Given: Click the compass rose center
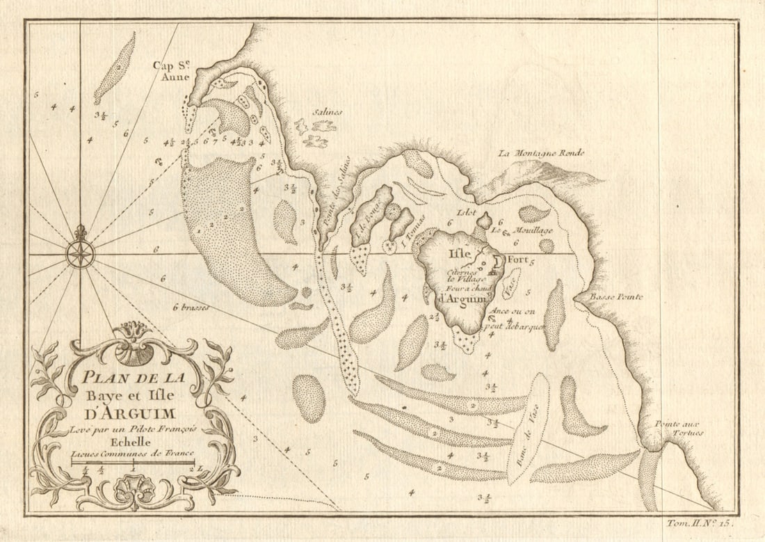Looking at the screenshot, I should (81, 254).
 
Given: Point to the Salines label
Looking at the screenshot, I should (327, 112).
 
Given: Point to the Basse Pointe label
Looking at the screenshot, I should (617, 297).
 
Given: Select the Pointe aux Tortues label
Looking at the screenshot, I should (678, 428).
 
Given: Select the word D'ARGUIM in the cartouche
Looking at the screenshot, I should (131, 414).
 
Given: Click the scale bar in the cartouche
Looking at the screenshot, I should (133, 462).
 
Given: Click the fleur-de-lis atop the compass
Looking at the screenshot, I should (81, 232).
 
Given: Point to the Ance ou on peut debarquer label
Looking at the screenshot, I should (517, 319).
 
